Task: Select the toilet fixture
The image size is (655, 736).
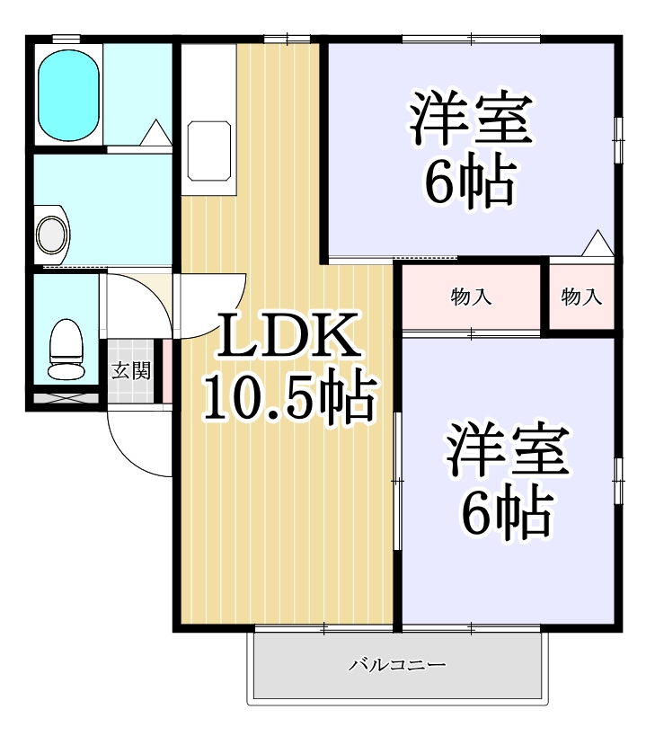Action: pos(64,350)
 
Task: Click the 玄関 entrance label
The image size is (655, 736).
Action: pos(130,370)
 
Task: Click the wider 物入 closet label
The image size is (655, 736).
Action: pos(471,297)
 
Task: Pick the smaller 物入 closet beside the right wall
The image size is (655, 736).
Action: pos(581,297)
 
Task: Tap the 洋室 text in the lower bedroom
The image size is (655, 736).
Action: pos(508,454)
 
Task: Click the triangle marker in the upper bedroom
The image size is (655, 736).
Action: pos(596,244)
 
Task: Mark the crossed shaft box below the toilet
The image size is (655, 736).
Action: pos(66,396)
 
